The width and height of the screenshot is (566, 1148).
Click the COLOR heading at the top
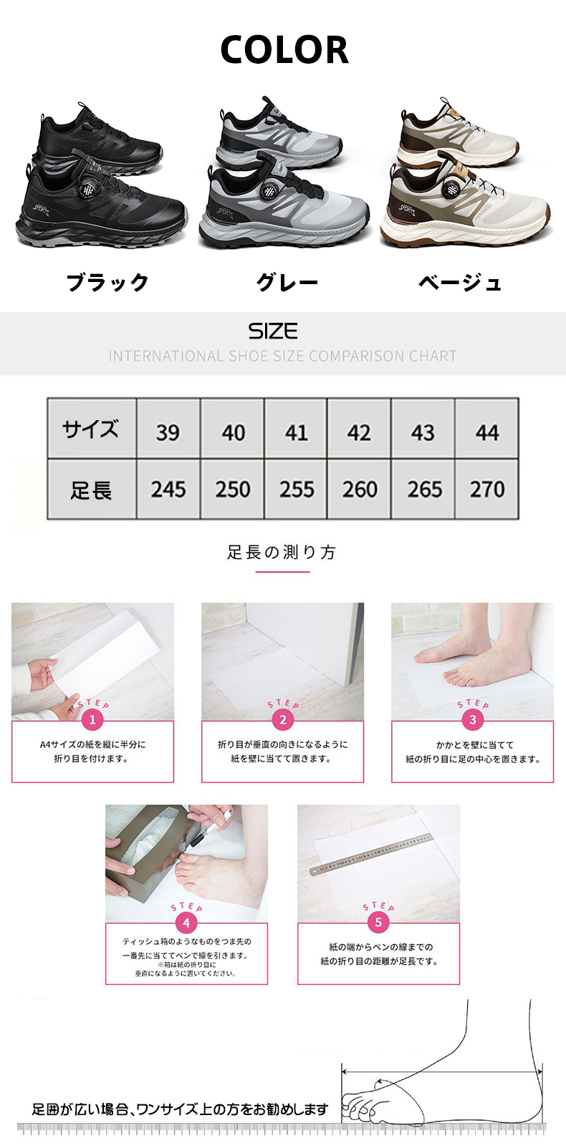(x=284, y=49)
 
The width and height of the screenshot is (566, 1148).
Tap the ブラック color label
(x=107, y=283)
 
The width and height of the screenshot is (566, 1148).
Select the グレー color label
(x=287, y=283)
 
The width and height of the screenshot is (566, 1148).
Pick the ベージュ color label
(x=459, y=283)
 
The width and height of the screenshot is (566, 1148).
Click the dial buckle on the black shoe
(x=87, y=190)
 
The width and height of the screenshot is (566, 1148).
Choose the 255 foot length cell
(x=296, y=489)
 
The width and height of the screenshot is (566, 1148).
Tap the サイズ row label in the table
(x=90, y=429)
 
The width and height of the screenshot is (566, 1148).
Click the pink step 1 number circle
(x=92, y=720)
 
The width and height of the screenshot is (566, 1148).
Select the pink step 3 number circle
(x=473, y=720)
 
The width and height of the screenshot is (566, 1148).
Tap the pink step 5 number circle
(x=378, y=923)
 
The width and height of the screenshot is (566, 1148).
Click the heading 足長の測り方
(x=282, y=552)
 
